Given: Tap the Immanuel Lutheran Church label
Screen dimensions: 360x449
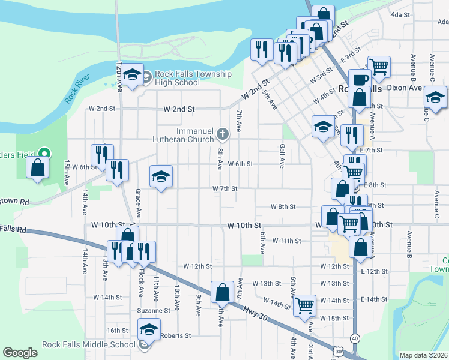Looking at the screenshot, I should click(x=195, y=135).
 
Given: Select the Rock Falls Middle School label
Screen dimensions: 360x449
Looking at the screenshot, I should click(x=89, y=344).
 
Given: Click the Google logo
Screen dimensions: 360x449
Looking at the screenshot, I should click(x=20, y=353).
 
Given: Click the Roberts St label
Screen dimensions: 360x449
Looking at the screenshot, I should click(x=175, y=336).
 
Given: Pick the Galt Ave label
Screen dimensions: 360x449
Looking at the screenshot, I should click(x=281, y=153).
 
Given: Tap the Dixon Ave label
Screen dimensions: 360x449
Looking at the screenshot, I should click(x=404, y=88).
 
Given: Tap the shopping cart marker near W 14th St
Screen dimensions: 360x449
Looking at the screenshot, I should click(x=305, y=305).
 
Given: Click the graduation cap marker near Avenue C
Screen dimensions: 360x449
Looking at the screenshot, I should click(x=435, y=97).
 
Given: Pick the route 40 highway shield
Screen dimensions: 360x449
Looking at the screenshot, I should click(x=355, y=338).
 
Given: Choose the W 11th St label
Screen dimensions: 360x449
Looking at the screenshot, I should click(x=286, y=241).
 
